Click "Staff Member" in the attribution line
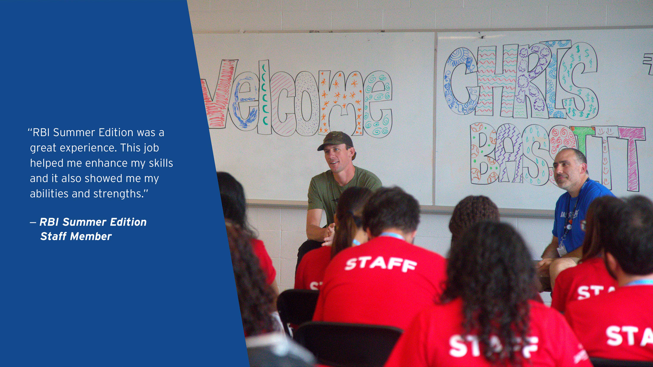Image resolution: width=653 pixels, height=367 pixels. click(x=76, y=236)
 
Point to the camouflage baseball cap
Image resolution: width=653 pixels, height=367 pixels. click(x=336, y=140)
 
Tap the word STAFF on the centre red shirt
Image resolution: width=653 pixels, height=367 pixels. click(x=381, y=264)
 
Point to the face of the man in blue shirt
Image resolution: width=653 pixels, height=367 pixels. click(x=566, y=171)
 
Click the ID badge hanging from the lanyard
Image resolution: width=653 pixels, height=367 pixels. click(x=561, y=251)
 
